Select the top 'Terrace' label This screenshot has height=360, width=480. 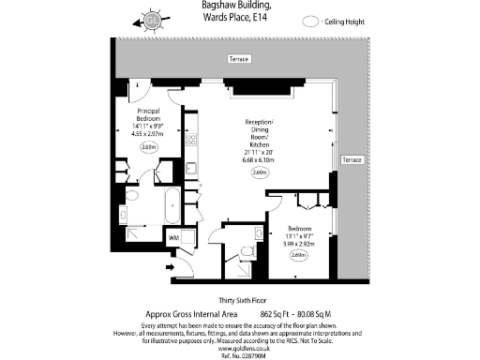239,59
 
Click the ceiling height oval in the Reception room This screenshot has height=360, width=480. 259,172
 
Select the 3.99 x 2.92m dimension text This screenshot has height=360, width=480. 299,243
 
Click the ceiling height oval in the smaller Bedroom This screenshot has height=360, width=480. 299,256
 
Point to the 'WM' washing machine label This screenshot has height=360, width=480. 173,239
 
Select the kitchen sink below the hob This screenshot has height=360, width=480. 190,169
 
